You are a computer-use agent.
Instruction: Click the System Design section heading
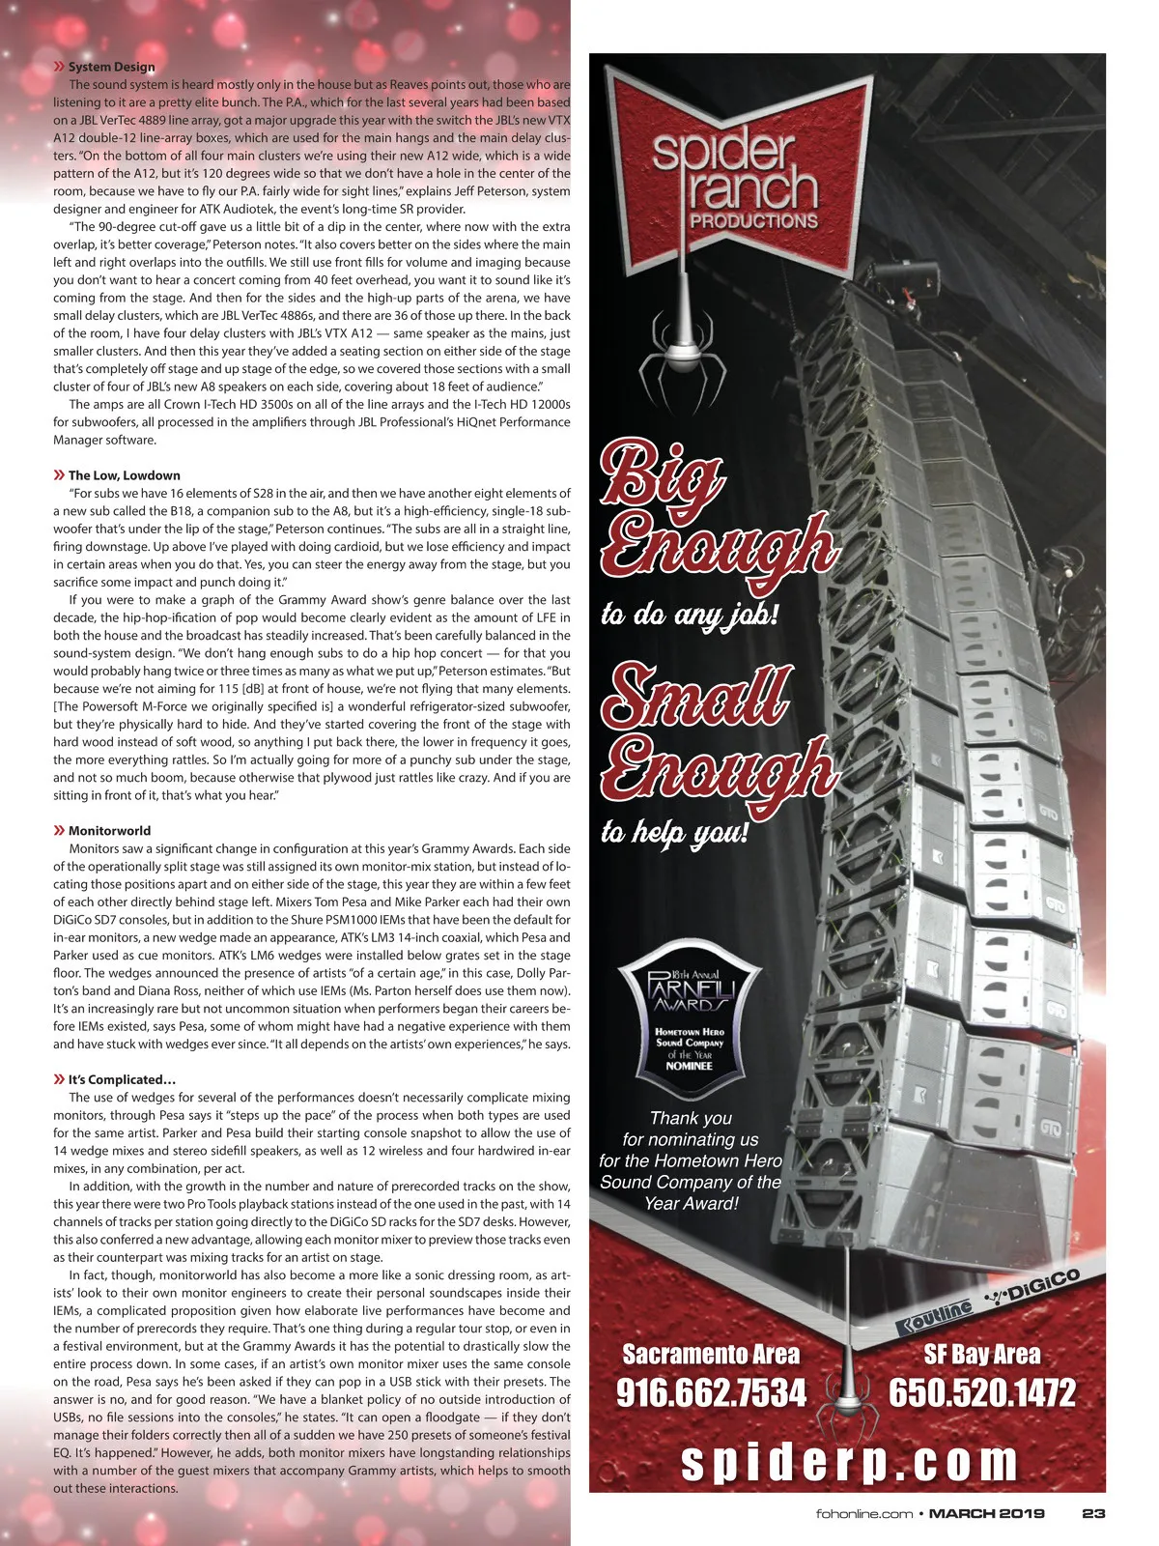tap(111, 67)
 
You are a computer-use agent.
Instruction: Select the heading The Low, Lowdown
tap(124, 475)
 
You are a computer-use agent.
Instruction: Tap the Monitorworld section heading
tap(110, 830)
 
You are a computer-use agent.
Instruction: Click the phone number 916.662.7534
tap(711, 1393)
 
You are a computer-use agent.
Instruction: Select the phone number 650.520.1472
tap(981, 1393)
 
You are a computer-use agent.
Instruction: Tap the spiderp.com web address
tap(849, 1462)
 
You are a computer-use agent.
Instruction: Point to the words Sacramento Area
tap(711, 1354)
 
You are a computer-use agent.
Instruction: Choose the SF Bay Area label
tap(981, 1354)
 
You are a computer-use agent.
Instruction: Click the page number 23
tap(1093, 1513)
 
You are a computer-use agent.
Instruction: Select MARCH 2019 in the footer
tap(986, 1513)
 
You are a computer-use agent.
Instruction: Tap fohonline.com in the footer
tap(863, 1513)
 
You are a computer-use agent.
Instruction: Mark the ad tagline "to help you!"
tap(674, 831)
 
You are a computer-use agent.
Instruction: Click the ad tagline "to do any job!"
tap(689, 615)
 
